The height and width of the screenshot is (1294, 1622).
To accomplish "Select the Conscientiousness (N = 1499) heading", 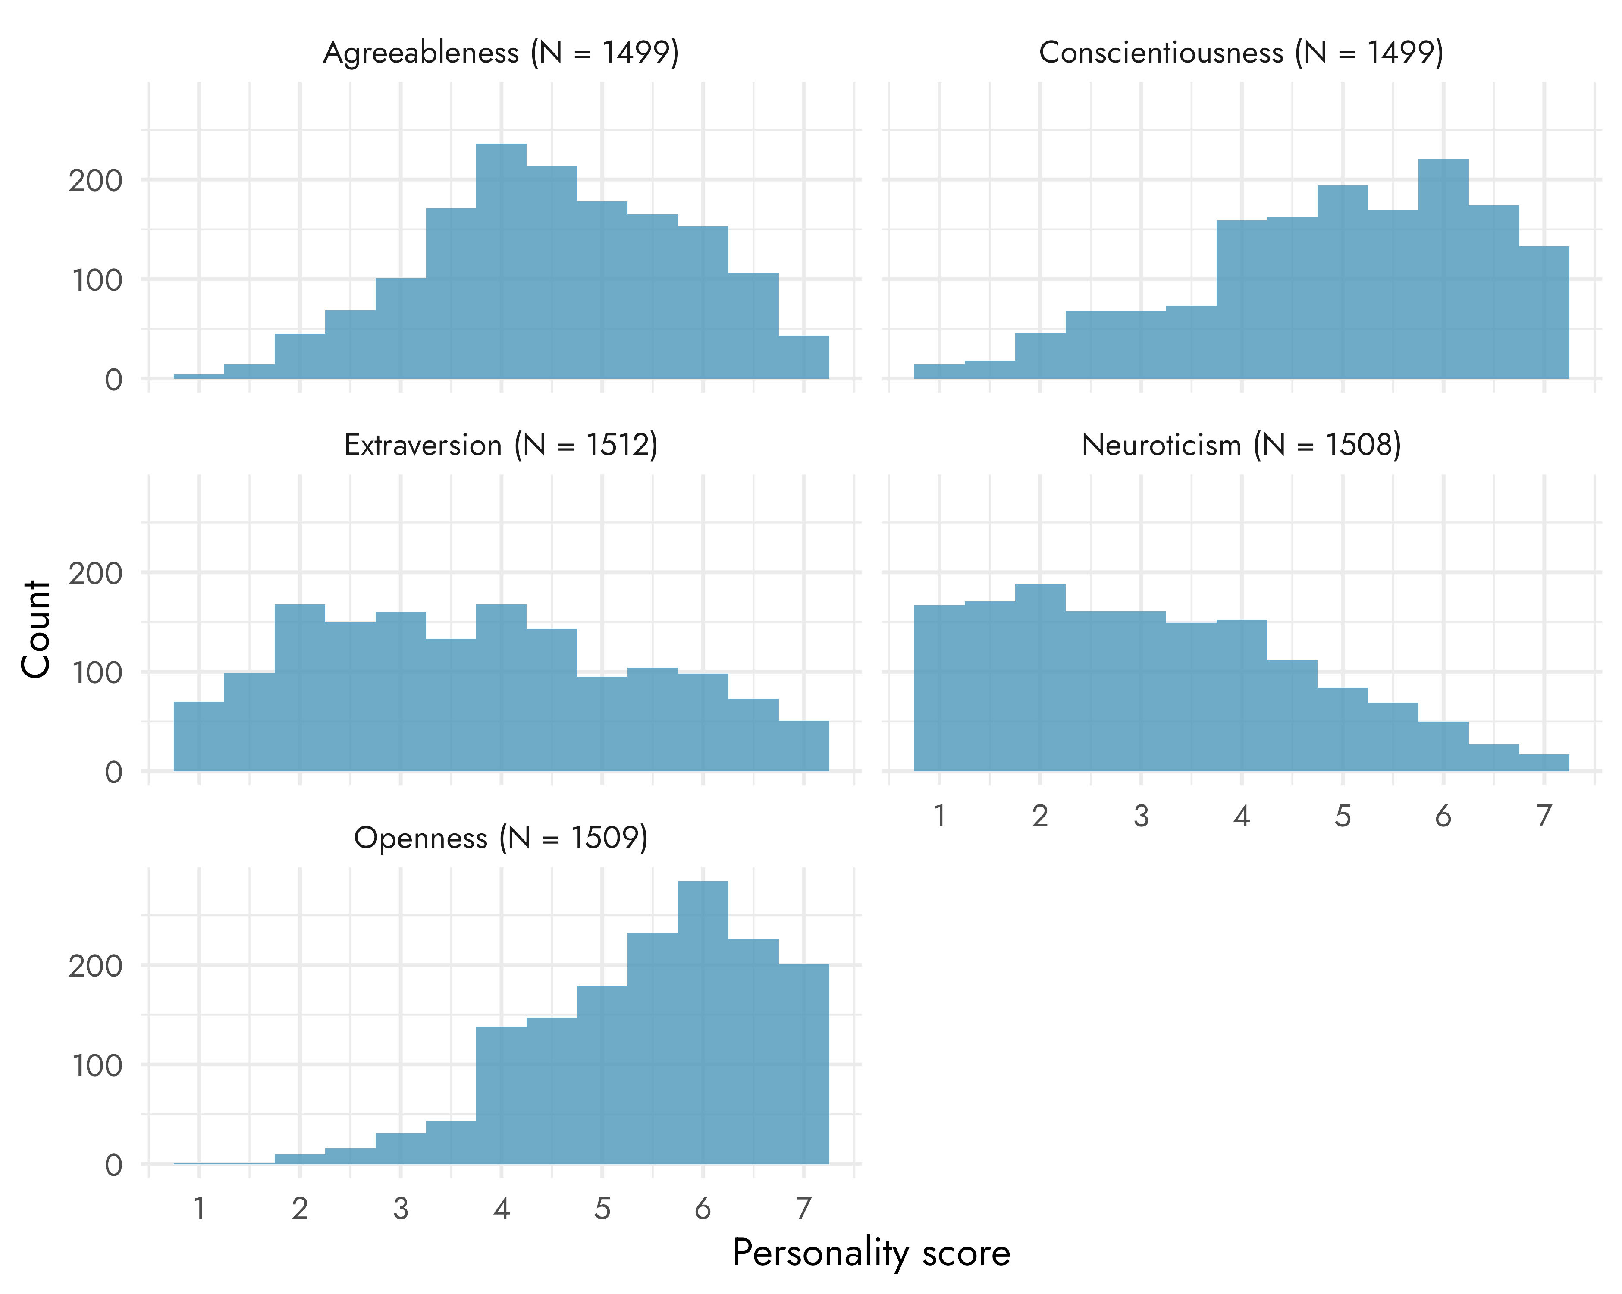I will point(1241,53).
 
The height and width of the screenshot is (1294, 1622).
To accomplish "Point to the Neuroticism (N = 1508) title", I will point(1241,446).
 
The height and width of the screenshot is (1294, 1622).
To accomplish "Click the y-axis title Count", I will point(35,629).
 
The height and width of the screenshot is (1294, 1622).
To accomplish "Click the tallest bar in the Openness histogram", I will point(703,1023).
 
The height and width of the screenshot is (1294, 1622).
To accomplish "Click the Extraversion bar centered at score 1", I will point(199,737).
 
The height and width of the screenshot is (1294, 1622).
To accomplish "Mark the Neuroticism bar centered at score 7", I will point(1544,763).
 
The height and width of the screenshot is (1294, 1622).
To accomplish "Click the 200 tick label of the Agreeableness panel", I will point(96,181).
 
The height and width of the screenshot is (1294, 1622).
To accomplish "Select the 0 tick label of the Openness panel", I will point(113,1165).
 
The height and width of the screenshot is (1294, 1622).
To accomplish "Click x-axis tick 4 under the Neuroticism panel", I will point(1241,816).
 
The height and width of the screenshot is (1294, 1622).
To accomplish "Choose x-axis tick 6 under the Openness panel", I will point(703,1209).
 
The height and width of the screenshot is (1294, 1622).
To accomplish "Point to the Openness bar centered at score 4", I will point(501,1095).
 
